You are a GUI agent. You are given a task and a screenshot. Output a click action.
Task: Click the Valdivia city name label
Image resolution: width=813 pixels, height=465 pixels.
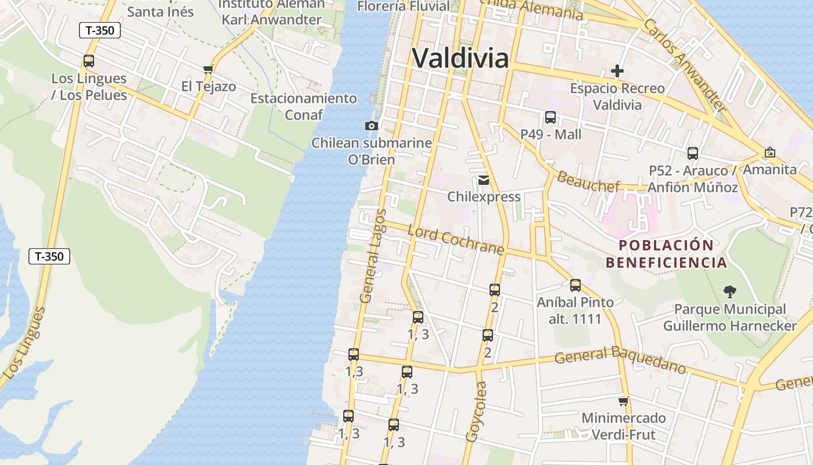coord(461,58)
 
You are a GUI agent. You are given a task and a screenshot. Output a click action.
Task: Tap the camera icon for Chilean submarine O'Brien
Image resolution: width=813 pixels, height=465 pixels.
coord(371,126)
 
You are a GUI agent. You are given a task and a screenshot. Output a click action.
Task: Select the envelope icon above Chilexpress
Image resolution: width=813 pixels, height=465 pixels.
coord(484,180)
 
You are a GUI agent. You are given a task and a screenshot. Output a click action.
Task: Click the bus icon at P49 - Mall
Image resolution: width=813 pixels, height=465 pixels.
coord(551,117)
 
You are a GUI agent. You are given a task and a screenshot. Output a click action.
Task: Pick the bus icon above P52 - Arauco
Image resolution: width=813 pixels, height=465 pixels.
coord(692,153)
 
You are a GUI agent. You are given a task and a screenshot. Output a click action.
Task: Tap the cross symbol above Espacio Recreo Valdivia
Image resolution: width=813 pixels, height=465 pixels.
coord(617,71)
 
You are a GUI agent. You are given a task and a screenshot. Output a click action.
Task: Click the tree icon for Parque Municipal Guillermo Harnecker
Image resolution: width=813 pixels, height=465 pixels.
coord(729,292)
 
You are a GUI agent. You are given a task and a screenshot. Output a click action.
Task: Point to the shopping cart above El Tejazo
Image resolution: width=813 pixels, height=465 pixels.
coord(208,70)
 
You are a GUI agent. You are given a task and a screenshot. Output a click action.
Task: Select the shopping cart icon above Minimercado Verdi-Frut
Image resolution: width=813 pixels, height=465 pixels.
coord(624,401)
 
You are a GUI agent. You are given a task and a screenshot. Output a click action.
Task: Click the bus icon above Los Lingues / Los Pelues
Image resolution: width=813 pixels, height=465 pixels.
coord(89,61)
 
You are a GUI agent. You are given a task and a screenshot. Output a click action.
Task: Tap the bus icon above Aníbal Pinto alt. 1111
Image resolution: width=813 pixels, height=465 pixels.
coord(575,285)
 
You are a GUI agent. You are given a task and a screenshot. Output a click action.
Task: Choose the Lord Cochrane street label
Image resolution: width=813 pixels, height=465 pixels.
coord(456,240)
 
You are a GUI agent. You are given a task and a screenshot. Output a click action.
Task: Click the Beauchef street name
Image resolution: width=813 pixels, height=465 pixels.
coord(588,181)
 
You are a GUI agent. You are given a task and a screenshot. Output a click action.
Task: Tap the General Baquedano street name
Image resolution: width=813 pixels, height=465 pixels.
coord(620,360)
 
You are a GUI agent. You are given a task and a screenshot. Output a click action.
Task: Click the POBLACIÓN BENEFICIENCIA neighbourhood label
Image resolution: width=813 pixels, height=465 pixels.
coord(666,254)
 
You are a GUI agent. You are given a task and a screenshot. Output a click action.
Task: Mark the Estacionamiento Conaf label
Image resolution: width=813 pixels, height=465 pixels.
coord(304,106)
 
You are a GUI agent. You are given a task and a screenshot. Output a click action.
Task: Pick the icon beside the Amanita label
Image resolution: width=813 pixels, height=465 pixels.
coord(770,152)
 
